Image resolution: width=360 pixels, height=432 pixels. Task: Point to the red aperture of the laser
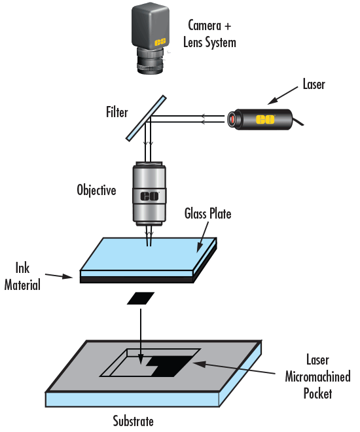tap(232, 119)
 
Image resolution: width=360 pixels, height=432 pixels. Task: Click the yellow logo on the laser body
tap(265, 119)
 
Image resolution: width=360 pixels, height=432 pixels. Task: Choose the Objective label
tap(96, 192)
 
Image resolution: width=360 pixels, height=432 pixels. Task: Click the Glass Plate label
tap(207, 214)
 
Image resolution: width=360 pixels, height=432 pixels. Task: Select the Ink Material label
tap(26, 276)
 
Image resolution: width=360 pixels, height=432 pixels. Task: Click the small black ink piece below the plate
tap(141, 298)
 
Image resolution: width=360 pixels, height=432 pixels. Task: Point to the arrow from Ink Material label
tap(65, 277)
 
